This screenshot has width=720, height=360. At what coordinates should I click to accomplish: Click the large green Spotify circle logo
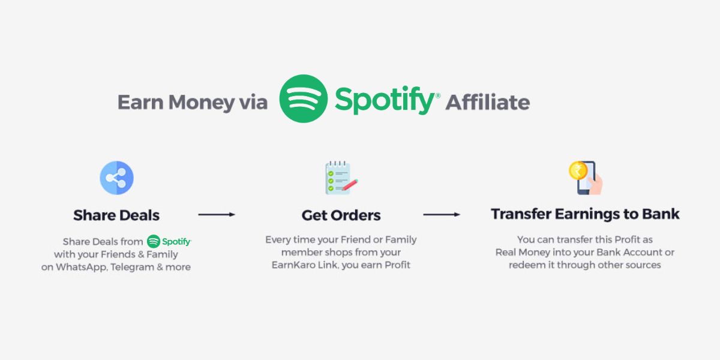pos(304,99)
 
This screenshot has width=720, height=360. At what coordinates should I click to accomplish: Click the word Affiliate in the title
pos(487,102)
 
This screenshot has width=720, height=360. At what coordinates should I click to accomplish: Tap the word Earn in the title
pos(140,102)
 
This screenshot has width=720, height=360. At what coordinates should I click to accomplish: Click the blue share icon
pos(116,178)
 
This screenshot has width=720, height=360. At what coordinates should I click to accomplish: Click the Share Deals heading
pos(116,215)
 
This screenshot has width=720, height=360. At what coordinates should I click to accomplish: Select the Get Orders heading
pos(341,215)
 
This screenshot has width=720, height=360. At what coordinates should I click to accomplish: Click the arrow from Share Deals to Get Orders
pos(216,214)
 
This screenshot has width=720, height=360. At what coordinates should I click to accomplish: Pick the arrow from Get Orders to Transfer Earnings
pos(442,214)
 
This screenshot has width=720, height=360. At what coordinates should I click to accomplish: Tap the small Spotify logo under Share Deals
pos(169,242)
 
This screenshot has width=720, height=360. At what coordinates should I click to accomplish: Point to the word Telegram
pos(133,267)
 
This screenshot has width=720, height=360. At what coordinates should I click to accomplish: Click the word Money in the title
pos(201,102)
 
